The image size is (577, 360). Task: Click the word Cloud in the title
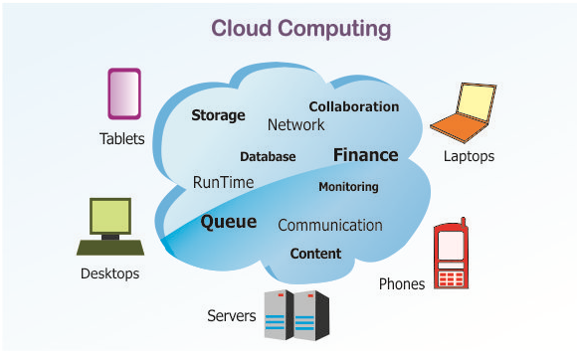(x=242, y=28)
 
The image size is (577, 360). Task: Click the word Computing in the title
(x=334, y=30)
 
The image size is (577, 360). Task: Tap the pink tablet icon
(x=124, y=93)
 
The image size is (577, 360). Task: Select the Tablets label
(x=121, y=139)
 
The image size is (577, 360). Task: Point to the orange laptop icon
(x=463, y=113)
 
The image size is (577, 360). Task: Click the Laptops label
(x=469, y=156)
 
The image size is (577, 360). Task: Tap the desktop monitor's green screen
(x=110, y=217)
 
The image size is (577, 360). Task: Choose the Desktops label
(x=110, y=273)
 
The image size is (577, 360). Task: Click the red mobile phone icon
(x=451, y=254)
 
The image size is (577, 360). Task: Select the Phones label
(x=402, y=283)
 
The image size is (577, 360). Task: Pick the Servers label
(x=232, y=316)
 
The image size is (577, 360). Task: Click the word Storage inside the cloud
(x=218, y=115)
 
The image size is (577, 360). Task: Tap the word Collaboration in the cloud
(x=354, y=106)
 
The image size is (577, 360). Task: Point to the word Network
(x=295, y=125)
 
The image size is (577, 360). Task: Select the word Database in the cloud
(x=268, y=157)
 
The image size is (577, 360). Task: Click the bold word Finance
(x=366, y=155)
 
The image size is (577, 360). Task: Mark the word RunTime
(x=224, y=182)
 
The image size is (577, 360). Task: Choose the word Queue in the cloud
(x=229, y=222)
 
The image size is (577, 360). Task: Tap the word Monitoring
(x=348, y=187)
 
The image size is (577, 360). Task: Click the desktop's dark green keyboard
(x=110, y=248)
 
